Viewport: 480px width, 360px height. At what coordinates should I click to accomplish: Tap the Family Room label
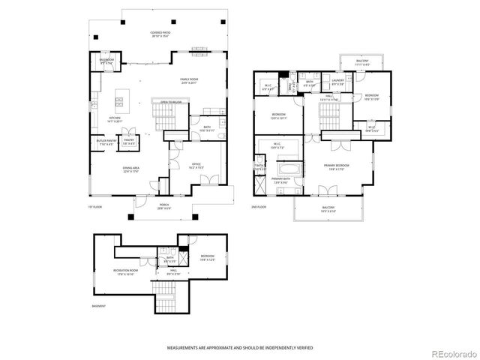point(189,80)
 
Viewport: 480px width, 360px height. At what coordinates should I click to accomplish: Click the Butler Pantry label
point(104,140)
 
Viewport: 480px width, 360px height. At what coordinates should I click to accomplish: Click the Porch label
point(164,206)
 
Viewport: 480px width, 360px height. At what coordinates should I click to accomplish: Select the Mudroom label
point(106,61)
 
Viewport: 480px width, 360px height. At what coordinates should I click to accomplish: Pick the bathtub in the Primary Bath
point(281,170)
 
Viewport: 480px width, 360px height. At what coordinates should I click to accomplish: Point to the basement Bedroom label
point(208,258)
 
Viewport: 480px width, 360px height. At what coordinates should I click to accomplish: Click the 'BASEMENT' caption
point(98,306)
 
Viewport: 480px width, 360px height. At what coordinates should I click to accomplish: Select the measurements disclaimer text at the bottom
point(240,349)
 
